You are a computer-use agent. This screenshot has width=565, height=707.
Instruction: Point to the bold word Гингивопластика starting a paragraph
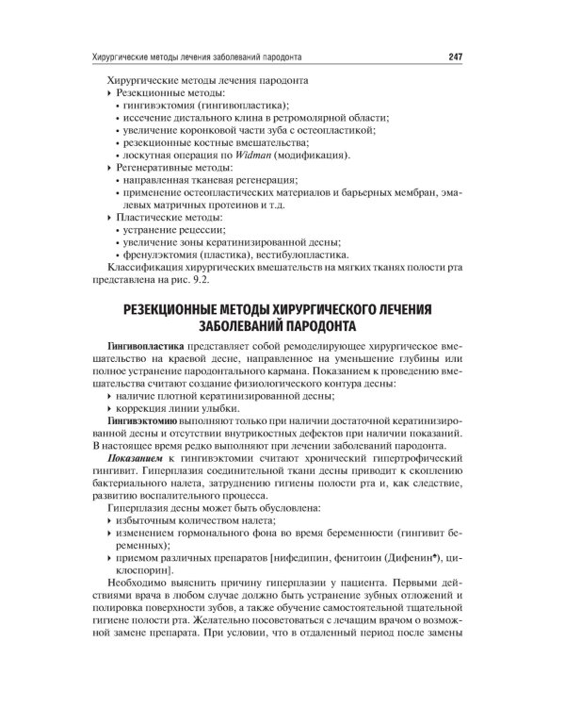pyautogui.click(x=144, y=346)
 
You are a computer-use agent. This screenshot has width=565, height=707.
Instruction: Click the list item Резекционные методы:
pyautogui.click(x=170, y=95)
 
